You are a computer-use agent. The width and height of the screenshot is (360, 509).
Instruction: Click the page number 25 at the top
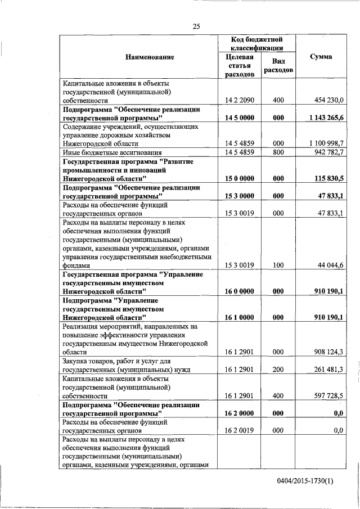tap(196, 26)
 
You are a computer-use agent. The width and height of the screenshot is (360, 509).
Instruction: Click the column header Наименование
tap(141, 57)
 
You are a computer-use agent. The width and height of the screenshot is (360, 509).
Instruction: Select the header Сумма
tap(321, 57)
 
